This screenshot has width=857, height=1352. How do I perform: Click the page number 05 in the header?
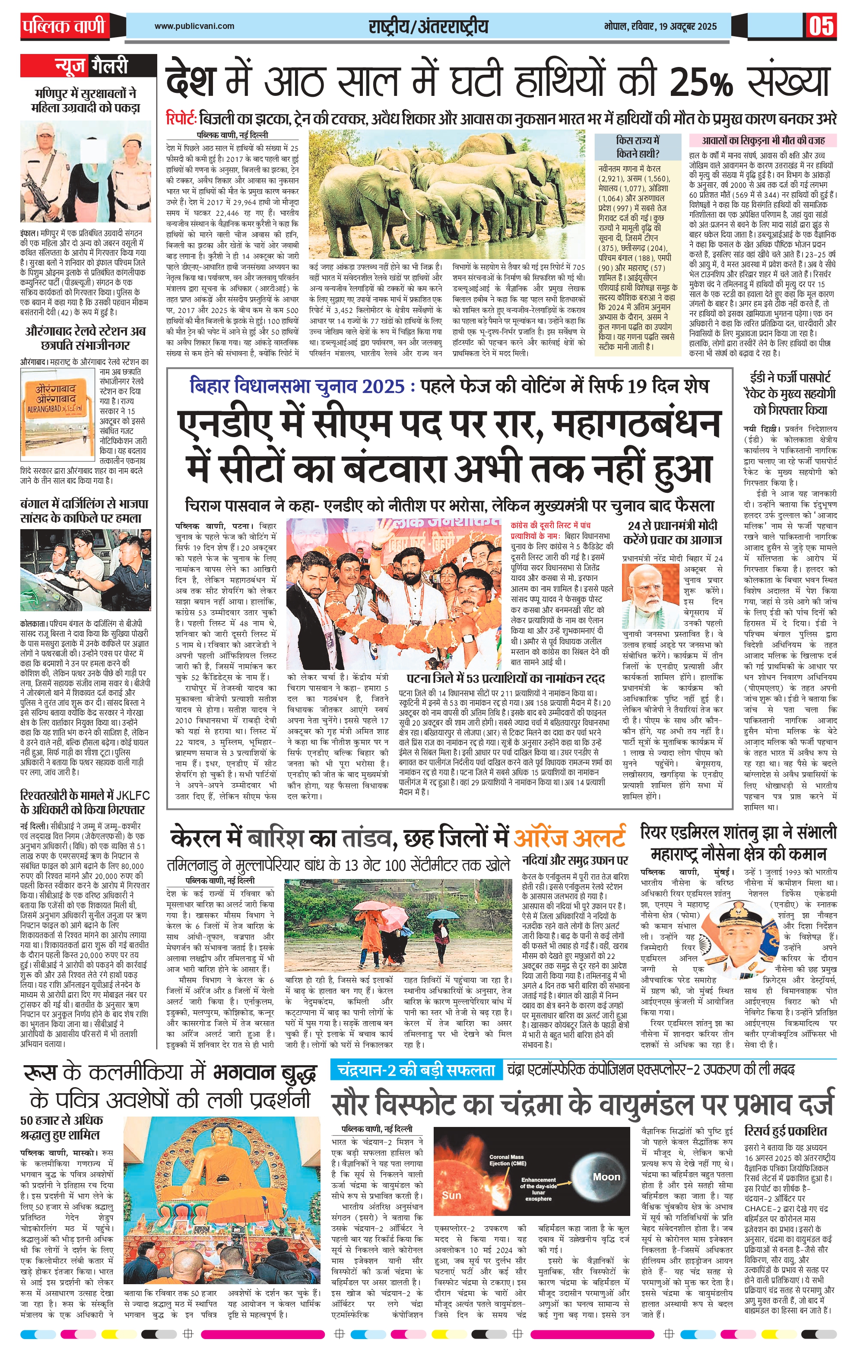(x=821, y=26)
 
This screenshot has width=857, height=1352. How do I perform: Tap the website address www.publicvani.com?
(x=194, y=26)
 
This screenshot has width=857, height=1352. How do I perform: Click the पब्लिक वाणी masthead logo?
(x=63, y=26)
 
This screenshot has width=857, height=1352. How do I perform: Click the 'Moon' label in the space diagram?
(x=606, y=1176)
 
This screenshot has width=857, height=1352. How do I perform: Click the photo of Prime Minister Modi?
(x=651, y=590)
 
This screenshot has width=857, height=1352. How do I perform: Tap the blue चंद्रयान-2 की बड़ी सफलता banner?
(x=416, y=1070)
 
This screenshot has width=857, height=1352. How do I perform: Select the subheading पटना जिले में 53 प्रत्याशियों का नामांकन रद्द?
(x=505, y=678)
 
